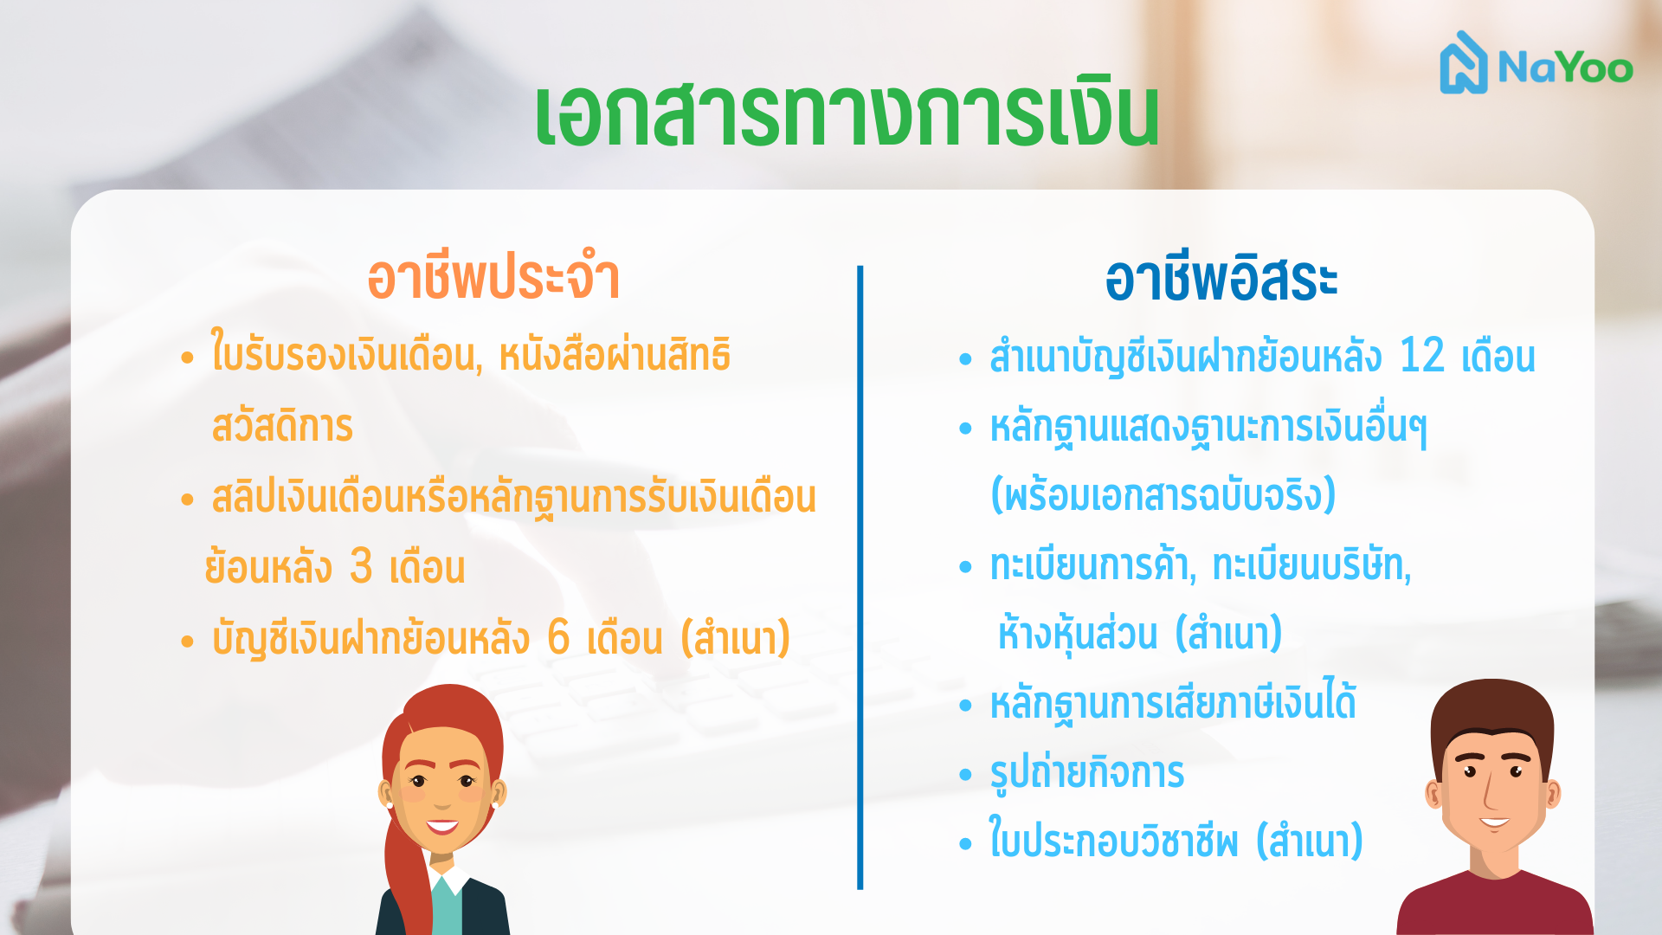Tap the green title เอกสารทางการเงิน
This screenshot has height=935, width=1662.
(x=847, y=115)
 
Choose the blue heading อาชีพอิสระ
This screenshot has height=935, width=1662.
(x=1221, y=279)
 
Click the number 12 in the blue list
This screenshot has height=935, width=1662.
(x=1422, y=356)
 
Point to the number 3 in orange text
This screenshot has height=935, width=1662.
(x=361, y=566)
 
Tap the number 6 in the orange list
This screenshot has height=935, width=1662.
(x=558, y=637)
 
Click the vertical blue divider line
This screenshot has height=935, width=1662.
(x=860, y=577)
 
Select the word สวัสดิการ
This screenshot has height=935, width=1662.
(x=282, y=426)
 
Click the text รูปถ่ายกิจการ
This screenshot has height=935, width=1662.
(x=1086, y=772)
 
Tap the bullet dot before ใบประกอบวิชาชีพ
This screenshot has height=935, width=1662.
(x=966, y=843)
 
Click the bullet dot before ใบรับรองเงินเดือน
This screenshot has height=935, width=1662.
(x=187, y=358)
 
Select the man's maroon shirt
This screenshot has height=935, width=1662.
(x=1495, y=904)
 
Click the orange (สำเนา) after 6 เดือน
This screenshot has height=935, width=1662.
(x=736, y=638)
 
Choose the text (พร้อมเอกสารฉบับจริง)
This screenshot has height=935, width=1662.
(x=1163, y=495)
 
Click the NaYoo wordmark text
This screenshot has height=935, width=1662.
(x=1565, y=67)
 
